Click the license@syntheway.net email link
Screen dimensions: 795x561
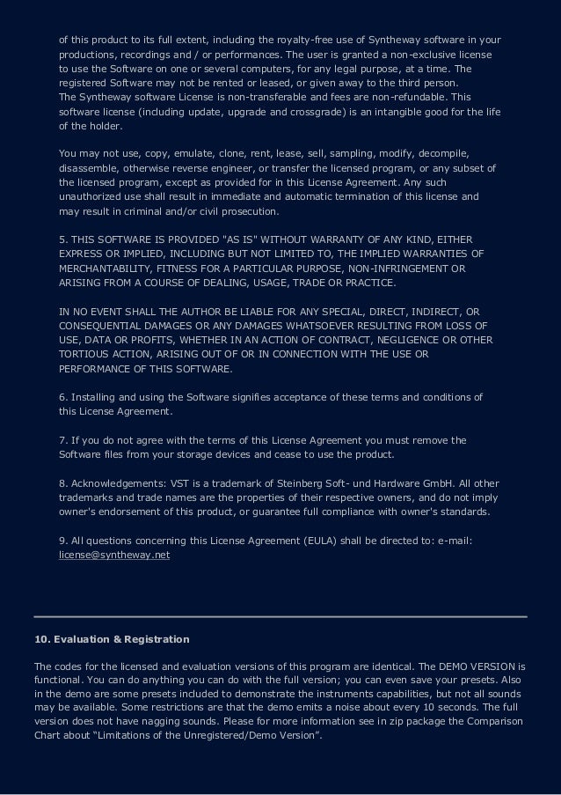tap(113, 556)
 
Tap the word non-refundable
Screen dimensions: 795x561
tap(426, 96)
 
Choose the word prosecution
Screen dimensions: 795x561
tap(249, 211)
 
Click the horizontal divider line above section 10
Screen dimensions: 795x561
tap(280, 615)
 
